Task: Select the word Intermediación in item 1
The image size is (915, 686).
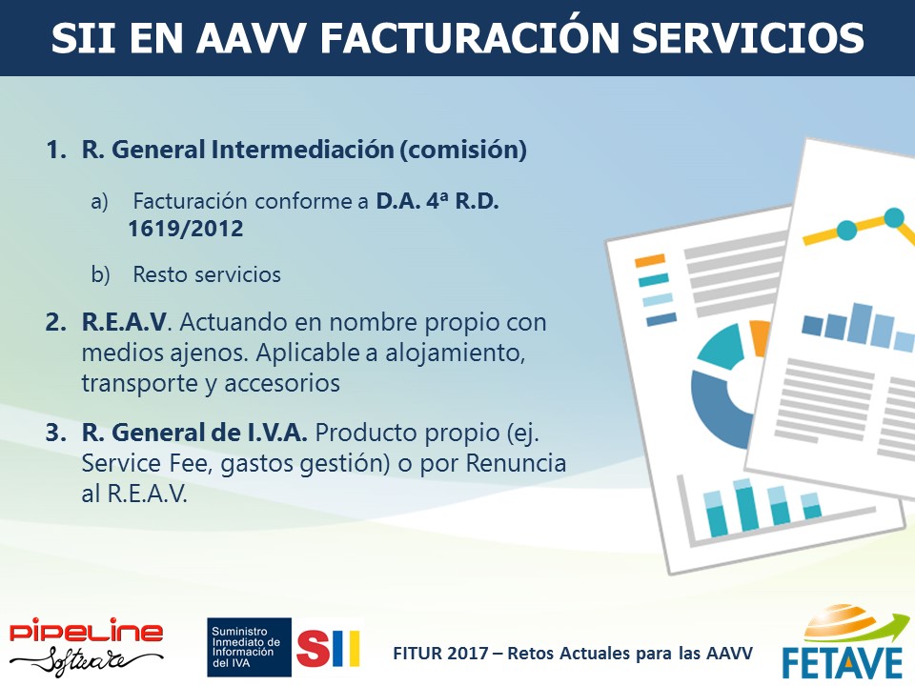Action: click(x=302, y=150)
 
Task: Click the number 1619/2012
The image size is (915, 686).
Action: click(x=186, y=229)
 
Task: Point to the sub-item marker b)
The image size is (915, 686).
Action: click(x=100, y=274)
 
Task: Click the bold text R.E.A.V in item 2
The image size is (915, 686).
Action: click(x=124, y=322)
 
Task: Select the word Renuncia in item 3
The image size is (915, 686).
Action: click(x=516, y=463)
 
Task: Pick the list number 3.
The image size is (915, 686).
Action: click(x=56, y=433)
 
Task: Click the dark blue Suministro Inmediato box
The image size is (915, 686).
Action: click(x=249, y=647)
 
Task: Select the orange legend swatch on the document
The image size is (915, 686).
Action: click(x=649, y=261)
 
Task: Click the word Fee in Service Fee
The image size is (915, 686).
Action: click(x=189, y=463)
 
